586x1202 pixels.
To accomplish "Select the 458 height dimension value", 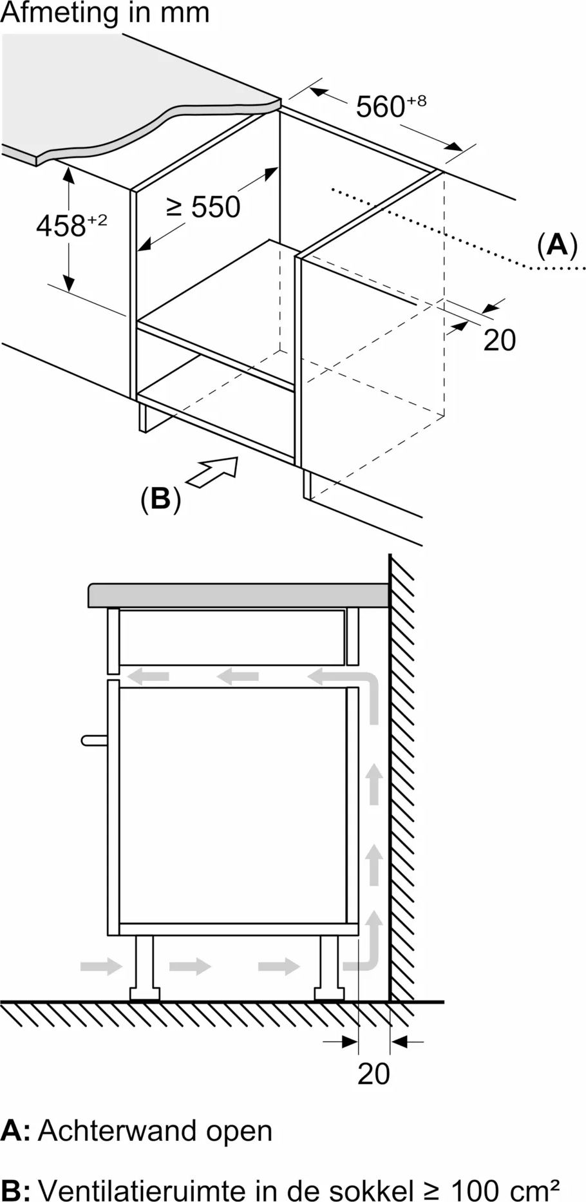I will (62, 225).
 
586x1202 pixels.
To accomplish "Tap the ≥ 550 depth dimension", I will (203, 206).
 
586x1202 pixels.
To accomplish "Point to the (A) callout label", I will (557, 245).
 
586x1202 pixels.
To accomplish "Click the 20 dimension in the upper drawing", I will (499, 340).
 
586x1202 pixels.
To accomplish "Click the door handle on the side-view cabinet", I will (95, 740).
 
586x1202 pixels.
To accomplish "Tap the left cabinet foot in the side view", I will (144, 967).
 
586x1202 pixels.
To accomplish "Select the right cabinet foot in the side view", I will (328, 967).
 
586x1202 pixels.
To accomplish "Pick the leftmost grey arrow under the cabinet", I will (101, 966).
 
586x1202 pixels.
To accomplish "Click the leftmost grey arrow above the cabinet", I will (148, 676).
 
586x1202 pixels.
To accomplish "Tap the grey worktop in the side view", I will (238, 595).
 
